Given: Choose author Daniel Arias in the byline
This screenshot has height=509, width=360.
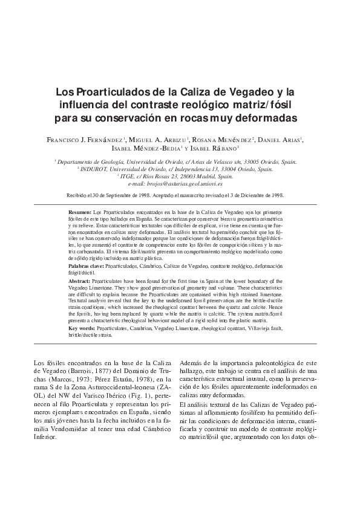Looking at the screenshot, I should [280, 140].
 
